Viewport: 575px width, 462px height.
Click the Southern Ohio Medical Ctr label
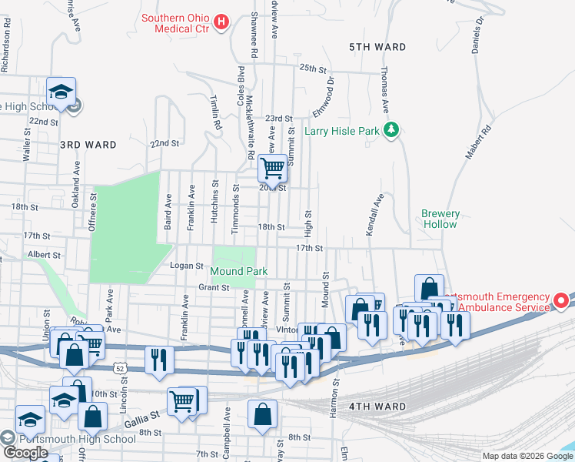[x=176, y=24]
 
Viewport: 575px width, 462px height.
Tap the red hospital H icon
[x=221, y=21]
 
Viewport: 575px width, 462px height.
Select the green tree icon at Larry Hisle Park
[x=392, y=130]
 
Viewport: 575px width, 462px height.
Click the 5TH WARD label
[x=377, y=47]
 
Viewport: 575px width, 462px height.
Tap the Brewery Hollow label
[x=440, y=219]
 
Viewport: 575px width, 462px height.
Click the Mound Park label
[x=240, y=271]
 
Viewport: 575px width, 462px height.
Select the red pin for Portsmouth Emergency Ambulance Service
[x=561, y=299]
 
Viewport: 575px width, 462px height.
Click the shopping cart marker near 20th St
[x=272, y=168]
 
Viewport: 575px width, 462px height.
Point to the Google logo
[x=26, y=453]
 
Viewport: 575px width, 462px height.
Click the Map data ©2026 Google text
[x=527, y=456]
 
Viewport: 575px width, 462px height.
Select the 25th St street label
[x=309, y=68]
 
